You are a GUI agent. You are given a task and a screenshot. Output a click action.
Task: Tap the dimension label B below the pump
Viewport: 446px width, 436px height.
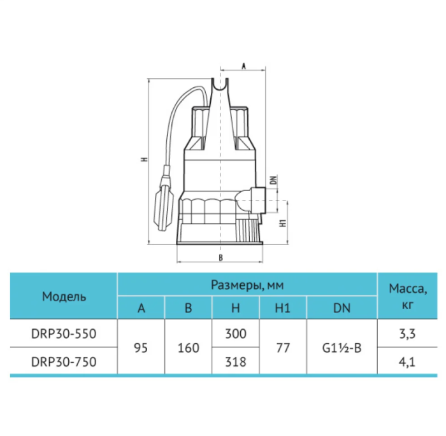220,257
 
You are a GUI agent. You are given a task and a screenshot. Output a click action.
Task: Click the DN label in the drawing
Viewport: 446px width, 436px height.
273,180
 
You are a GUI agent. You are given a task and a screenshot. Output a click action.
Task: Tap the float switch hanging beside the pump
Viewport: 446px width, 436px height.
164,203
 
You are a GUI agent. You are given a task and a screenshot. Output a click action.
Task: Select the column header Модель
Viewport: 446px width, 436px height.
64,297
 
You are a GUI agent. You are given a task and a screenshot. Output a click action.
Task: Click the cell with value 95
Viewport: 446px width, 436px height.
141,348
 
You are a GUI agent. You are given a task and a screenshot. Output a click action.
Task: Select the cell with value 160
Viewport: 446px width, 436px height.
188,348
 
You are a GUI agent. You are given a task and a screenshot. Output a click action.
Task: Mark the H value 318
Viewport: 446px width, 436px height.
235,362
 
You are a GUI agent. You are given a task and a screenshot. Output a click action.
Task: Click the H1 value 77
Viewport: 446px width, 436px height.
282,348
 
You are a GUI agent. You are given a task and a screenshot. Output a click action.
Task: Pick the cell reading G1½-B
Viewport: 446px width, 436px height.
342,348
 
